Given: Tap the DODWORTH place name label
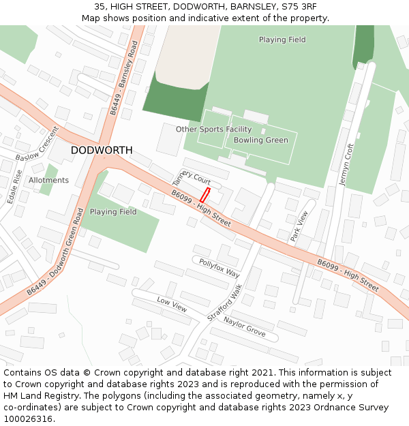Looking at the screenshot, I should click(102, 150).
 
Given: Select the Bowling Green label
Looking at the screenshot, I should click(260, 140).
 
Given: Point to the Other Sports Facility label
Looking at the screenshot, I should click(213, 130).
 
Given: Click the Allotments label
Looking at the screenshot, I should click(48, 181).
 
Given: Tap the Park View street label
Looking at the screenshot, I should click(299, 226).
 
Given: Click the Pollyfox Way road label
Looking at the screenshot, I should click(219, 268).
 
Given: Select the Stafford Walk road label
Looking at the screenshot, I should click(224, 303).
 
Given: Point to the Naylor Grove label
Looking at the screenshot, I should click(244, 325).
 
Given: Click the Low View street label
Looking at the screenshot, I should click(171, 305).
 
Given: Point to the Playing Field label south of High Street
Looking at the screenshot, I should click(113, 212).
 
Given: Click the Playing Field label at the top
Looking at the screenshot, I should click(282, 40).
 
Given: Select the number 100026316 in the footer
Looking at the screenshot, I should click(29, 419).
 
